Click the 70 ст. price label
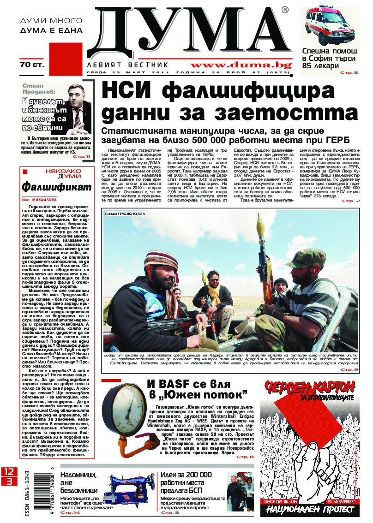(x=32, y=65)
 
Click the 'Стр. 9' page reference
(x=349, y=369)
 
